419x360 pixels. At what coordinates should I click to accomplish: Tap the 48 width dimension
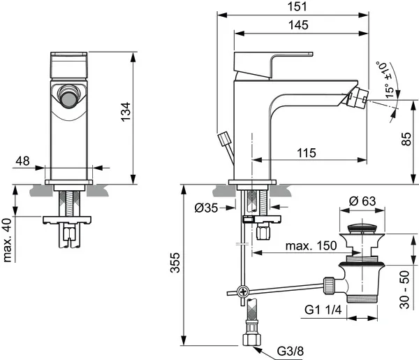click(22, 161)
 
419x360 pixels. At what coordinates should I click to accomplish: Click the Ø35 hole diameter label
click(207, 208)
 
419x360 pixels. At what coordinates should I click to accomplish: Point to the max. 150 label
click(311, 245)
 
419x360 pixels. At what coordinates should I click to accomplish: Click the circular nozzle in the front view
click(68, 97)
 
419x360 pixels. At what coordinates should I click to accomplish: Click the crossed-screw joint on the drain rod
click(242, 291)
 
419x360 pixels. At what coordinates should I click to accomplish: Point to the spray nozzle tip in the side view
click(362, 102)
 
